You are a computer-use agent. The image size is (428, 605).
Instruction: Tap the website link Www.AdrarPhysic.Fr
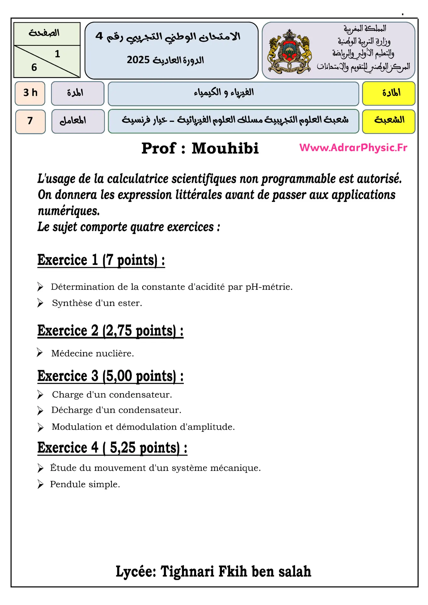(353, 147)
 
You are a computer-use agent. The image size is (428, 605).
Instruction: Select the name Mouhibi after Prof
(225, 148)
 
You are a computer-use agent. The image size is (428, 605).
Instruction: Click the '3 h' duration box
(30, 93)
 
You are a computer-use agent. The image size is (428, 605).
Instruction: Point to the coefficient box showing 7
(30, 121)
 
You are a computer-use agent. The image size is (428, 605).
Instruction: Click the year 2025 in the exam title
(138, 60)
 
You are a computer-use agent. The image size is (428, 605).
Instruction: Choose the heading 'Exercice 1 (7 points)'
(101, 260)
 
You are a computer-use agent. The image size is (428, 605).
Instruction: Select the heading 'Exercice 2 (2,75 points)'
(110, 331)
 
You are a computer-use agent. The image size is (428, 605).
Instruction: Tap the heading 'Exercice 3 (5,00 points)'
(110, 376)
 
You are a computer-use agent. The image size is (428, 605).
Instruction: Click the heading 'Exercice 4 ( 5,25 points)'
(112, 448)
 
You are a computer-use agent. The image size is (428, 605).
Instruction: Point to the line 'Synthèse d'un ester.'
(97, 303)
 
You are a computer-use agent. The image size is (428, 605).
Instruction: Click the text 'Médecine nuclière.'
(93, 354)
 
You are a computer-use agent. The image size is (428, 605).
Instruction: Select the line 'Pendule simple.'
(85, 484)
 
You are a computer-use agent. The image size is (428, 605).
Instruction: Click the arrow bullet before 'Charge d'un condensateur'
(40, 395)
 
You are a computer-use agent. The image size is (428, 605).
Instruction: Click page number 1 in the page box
(57, 54)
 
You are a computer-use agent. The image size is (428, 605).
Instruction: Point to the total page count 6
(34, 67)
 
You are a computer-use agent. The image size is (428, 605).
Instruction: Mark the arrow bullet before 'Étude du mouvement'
(40, 468)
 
